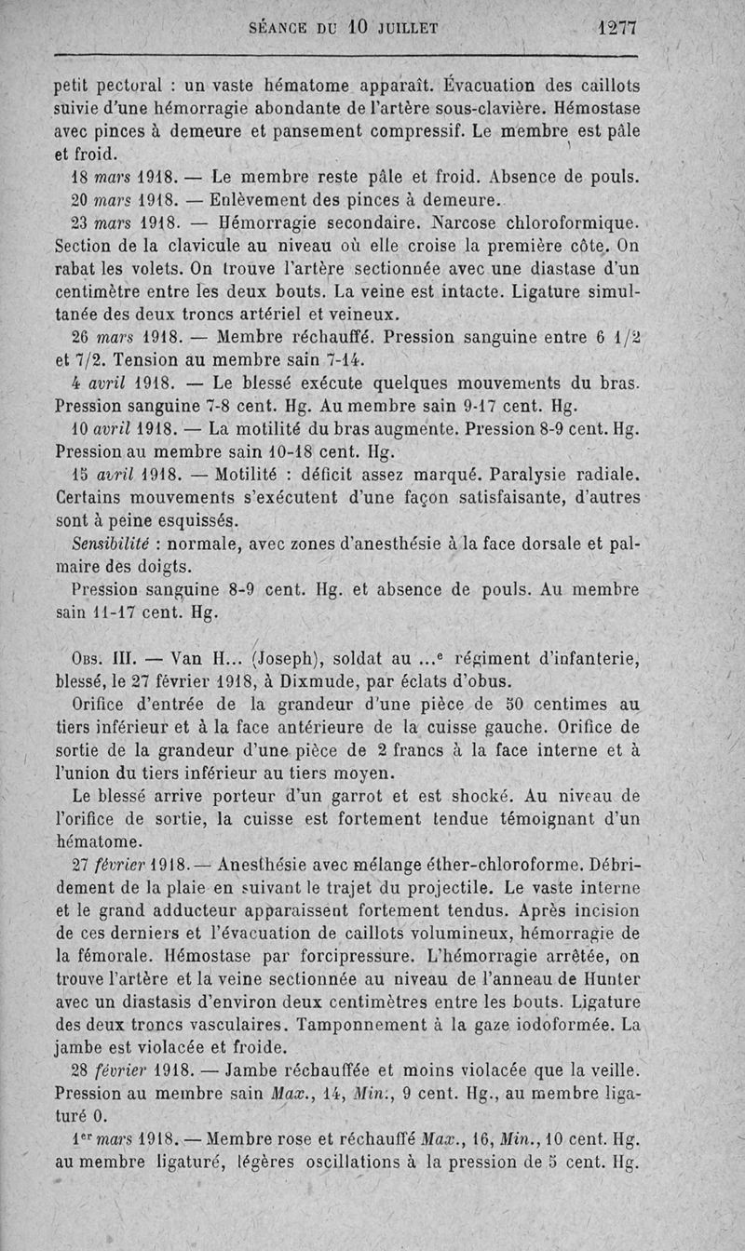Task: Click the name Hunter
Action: click(613, 979)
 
